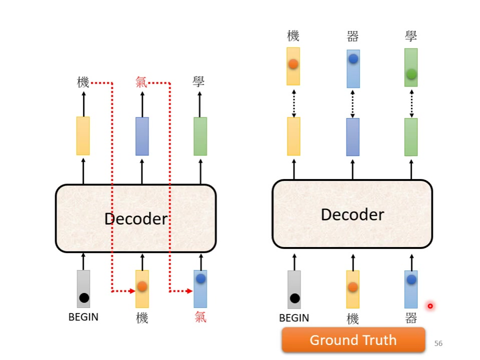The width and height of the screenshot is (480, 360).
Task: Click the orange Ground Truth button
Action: (x=353, y=340)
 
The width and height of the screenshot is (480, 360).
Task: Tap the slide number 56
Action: (x=438, y=343)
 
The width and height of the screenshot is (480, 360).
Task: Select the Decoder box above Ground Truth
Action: (x=352, y=214)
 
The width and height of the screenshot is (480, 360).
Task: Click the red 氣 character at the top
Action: (x=141, y=82)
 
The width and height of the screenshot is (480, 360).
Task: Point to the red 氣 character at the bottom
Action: (x=200, y=317)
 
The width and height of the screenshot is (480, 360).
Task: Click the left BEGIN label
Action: (x=83, y=317)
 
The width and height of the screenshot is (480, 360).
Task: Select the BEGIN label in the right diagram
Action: (x=294, y=318)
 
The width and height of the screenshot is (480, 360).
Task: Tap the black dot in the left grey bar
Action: (x=84, y=298)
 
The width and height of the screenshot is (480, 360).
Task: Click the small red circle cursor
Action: (x=430, y=306)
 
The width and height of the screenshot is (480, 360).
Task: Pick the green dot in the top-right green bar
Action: (x=411, y=74)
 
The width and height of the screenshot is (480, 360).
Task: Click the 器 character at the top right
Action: (x=352, y=36)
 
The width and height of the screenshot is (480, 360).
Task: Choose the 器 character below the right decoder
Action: (x=411, y=318)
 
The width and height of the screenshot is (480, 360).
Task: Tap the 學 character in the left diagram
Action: (x=199, y=82)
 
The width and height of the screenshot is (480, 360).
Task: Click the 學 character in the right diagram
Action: (x=411, y=36)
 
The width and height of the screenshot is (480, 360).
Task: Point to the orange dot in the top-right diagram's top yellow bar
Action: (x=293, y=64)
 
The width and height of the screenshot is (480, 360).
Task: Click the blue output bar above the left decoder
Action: (x=142, y=136)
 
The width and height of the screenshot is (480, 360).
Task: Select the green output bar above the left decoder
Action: (x=200, y=136)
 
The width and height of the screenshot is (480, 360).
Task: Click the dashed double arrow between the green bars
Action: (x=411, y=102)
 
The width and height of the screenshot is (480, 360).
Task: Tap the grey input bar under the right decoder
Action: (x=294, y=289)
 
